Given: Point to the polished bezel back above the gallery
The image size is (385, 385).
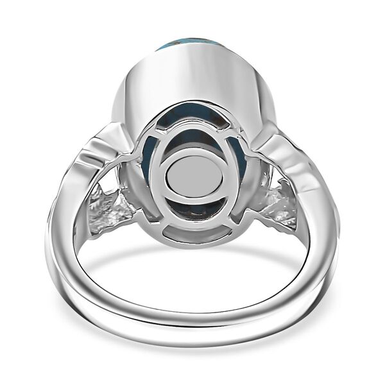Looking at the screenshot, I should (x=193, y=77).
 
